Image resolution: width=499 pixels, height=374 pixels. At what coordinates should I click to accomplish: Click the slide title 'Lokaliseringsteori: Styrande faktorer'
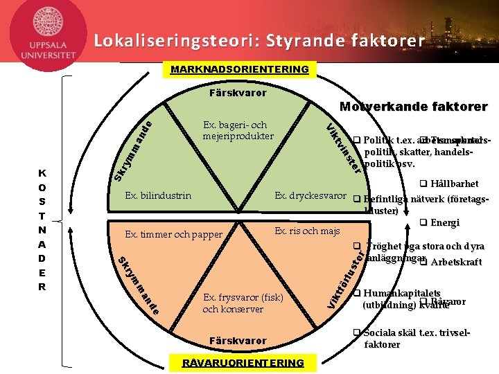coord(259,41)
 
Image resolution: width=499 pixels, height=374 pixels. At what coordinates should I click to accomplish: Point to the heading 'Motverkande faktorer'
coord(414,107)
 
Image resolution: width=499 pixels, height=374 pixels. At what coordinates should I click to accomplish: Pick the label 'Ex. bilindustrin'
coord(158,196)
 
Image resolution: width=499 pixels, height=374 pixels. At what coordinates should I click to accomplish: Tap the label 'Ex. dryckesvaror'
coord(310,196)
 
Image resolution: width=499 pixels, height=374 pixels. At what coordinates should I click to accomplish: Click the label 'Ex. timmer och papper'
coord(174,234)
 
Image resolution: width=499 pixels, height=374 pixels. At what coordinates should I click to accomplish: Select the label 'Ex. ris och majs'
coord(307,230)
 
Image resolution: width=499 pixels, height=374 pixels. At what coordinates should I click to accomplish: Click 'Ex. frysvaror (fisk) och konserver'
coord(243,303)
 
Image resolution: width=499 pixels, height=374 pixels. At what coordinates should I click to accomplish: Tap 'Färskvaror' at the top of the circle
coord(238,92)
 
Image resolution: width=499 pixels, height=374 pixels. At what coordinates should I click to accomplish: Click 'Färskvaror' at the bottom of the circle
coord(238,341)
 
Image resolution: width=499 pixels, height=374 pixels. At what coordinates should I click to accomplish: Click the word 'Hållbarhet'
coord(454,184)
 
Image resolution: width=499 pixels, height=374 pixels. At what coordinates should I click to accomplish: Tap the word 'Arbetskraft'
coord(456,262)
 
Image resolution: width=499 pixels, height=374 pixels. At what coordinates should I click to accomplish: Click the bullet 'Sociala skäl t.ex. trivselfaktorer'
coord(416,339)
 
